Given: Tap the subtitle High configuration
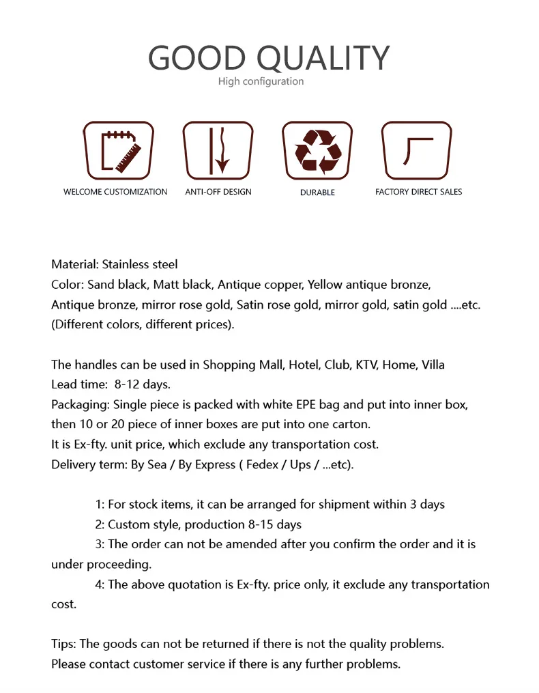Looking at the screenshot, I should tap(261, 81).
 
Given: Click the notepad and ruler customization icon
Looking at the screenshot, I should tap(118, 150).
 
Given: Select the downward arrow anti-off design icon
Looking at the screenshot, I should tap(218, 150).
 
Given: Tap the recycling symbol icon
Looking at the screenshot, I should tap(317, 150).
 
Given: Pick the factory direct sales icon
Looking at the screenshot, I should tap(416, 150).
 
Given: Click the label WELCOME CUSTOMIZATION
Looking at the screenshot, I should tap(115, 192).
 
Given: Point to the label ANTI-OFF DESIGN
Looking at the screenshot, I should tap(218, 192).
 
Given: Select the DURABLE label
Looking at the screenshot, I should tap(317, 193).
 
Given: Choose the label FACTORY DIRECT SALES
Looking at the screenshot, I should tap(418, 192).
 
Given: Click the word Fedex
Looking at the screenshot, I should tap(266, 465).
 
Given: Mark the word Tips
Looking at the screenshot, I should tap(63, 644).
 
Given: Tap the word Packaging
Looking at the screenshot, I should tap(81, 404).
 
